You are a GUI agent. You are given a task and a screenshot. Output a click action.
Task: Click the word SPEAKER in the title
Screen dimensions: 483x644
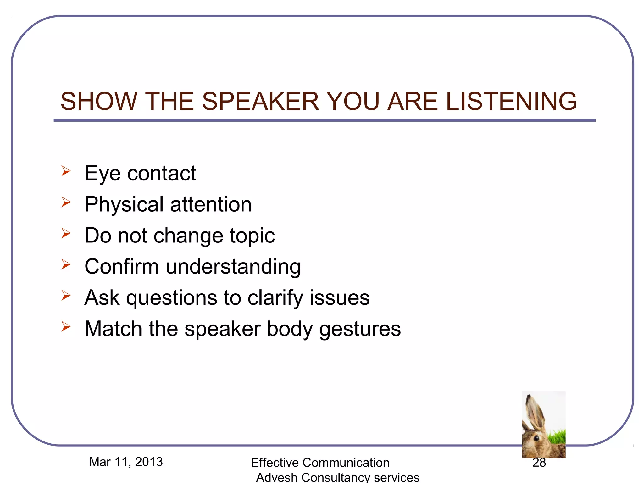tap(260, 101)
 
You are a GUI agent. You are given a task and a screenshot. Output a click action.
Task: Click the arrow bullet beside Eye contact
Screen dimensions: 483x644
tap(66, 171)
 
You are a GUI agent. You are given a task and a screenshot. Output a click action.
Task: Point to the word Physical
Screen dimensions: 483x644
tap(124, 205)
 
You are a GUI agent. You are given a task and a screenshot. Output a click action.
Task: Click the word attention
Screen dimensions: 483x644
tap(211, 205)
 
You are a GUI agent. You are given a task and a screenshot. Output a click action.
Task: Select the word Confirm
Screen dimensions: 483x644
tap(121, 267)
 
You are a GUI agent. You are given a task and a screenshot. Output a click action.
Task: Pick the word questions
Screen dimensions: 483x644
tap(171, 298)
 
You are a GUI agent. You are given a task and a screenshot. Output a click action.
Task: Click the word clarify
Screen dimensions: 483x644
tap(275, 298)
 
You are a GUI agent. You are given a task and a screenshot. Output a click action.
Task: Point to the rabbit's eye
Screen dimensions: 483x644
tap(536, 437)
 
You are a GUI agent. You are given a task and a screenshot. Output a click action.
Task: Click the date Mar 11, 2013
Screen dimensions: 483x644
tap(126, 462)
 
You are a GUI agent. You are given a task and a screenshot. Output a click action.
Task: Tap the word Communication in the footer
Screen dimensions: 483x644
tap(346, 463)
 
